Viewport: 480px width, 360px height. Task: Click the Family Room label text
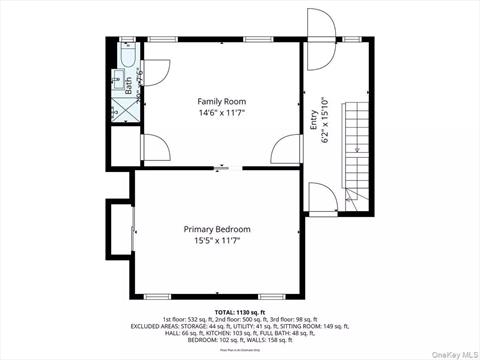(221, 101)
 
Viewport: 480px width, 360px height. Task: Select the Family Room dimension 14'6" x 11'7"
(221, 114)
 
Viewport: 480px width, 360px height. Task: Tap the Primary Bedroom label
(217, 229)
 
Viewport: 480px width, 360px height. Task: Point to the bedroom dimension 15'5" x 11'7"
(217, 241)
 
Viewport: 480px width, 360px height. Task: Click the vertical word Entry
(314, 119)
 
